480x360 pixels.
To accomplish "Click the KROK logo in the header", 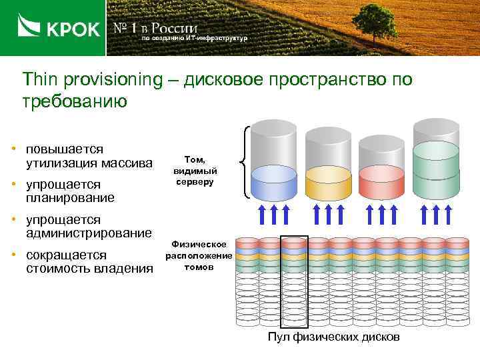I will (x=59, y=28).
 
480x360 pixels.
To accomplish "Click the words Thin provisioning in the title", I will (x=92, y=80).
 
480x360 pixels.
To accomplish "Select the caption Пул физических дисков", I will (x=333, y=337).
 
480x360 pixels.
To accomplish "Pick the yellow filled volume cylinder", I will (x=327, y=182).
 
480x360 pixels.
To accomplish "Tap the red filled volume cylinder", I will (x=381, y=182).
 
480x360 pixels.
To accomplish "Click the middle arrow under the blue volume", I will (x=275, y=216).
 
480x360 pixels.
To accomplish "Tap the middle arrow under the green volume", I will (x=437, y=216).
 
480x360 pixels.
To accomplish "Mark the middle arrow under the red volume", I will (x=382, y=216).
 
